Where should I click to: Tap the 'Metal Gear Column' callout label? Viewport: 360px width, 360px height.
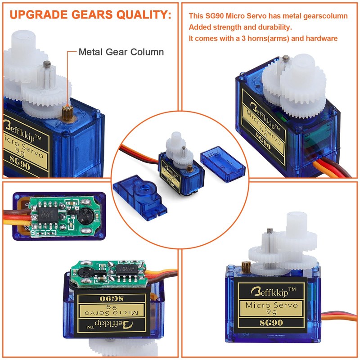coord(121,52)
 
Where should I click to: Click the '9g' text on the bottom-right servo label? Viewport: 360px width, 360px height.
coord(271,311)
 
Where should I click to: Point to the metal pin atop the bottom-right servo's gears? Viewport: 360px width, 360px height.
coord(270,231)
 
